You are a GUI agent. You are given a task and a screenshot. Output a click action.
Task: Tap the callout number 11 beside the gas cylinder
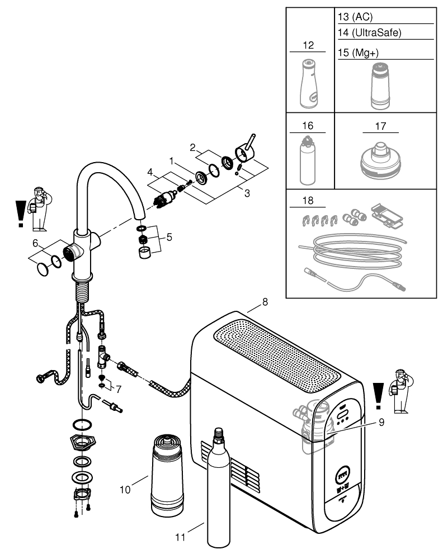point(180,538)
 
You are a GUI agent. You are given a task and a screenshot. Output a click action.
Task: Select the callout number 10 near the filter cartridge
point(125,489)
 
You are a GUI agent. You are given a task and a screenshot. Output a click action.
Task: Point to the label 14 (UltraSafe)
point(370,32)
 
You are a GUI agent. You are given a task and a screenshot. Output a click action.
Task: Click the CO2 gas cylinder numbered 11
point(218,492)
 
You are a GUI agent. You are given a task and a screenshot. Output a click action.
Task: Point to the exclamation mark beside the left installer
point(21,214)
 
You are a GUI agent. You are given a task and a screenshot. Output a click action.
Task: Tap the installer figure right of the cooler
point(400,391)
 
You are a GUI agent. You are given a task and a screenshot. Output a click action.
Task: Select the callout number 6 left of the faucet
point(35,244)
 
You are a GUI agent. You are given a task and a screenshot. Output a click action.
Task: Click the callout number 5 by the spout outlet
point(169,236)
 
